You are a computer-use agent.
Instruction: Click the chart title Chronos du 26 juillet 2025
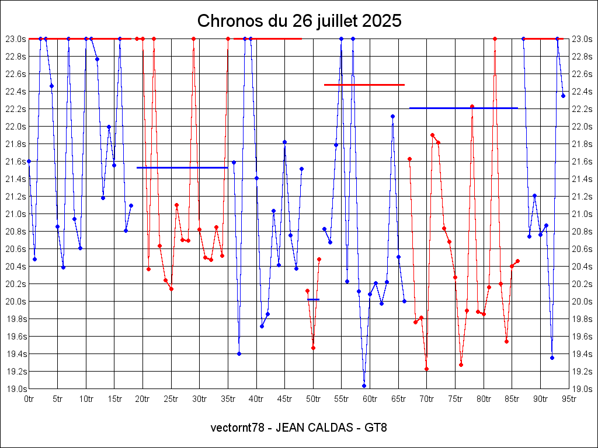point(299,21)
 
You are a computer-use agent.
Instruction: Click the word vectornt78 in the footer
point(237,428)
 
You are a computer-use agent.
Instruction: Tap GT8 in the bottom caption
point(376,428)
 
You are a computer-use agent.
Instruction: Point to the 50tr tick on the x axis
point(314,399)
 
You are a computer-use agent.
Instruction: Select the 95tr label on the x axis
point(569,399)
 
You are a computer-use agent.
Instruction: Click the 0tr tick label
point(29,399)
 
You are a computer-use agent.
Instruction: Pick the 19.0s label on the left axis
point(15,388)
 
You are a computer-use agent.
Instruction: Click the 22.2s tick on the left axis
point(15,108)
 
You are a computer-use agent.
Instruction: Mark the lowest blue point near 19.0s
point(364,386)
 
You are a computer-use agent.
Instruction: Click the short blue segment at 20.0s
point(314,299)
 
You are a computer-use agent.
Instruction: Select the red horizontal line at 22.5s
point(364,85)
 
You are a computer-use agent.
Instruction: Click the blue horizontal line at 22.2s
point(464,108)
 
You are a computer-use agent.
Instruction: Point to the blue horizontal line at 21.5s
point(182,167)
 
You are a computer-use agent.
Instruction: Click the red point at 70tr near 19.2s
point(426,369)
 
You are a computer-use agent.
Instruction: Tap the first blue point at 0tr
point(29,161)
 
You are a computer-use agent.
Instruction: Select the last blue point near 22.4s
point(563,96)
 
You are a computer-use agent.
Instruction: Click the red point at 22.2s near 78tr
point(472,106)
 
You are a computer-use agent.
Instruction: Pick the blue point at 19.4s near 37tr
point(239,353)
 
